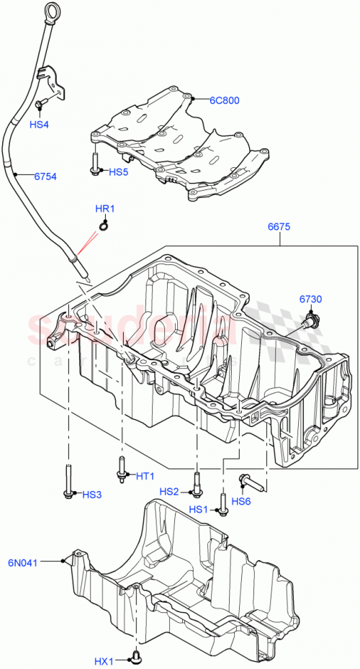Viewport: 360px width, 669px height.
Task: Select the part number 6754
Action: [45, 176]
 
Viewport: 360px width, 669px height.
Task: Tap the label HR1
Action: [106, 210]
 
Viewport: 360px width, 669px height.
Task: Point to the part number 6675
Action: [279, 226]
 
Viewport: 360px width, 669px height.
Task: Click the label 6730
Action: [310, 299]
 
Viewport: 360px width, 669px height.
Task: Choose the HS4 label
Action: [39, 125]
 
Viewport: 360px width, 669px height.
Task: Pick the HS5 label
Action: [118, 172]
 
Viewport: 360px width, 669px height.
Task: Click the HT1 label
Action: [145, 476]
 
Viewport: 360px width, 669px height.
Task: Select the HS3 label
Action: [92, 494]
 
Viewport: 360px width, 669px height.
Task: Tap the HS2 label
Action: [169, 491]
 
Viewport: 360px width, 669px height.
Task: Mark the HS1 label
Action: [199, 509]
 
